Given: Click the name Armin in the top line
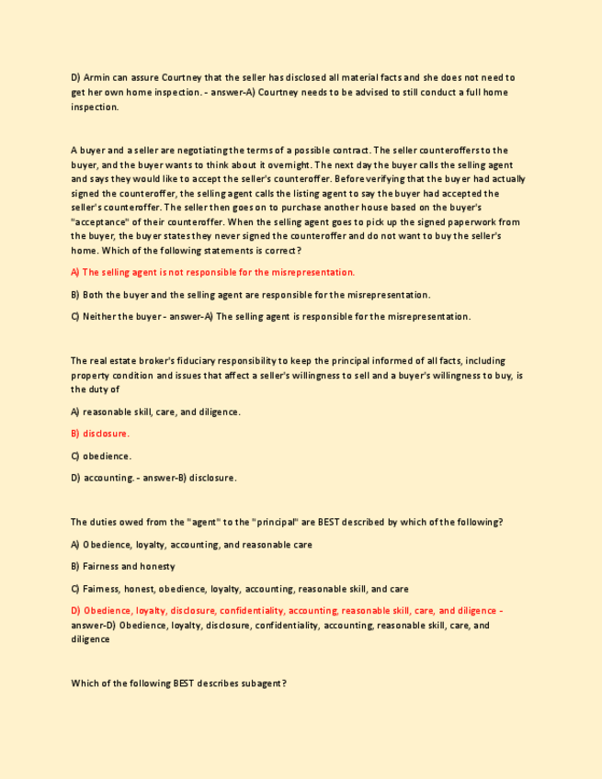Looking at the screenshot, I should click(96, 78).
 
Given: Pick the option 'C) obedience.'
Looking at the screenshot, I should click(101, 456).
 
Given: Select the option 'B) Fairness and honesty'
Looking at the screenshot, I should click(123, 567).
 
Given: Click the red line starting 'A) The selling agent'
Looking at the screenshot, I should click(212, 273).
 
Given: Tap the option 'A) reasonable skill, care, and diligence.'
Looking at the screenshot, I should click(155, 412).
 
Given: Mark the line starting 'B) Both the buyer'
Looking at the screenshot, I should click(250, 295).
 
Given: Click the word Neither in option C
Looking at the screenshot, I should click(99, 317).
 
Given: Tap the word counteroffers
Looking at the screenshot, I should click(465, 150).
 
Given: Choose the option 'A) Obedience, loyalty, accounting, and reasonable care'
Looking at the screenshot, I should click(191, 545).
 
